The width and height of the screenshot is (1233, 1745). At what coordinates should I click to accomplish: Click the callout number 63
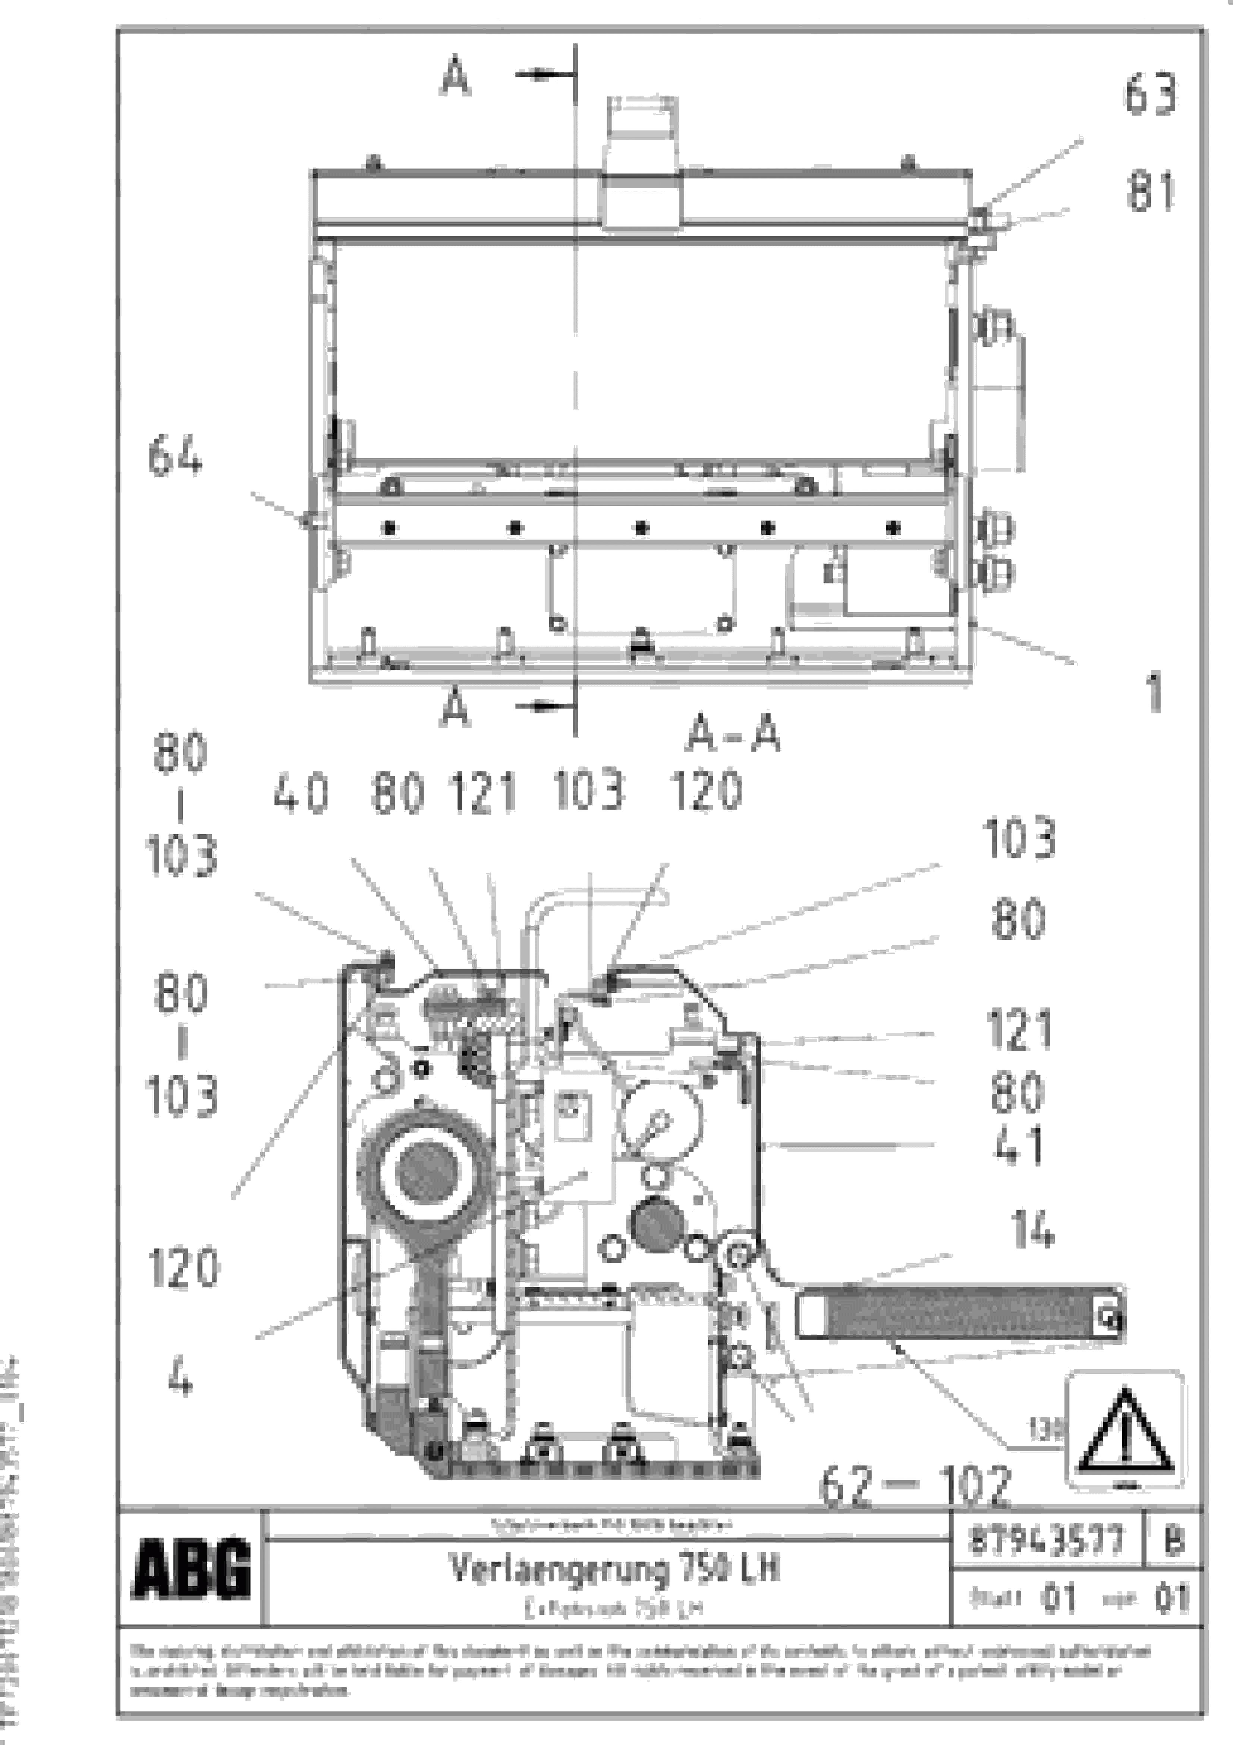tap(1150, 94)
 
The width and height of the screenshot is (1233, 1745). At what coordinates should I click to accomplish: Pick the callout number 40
tap(301, 793)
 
